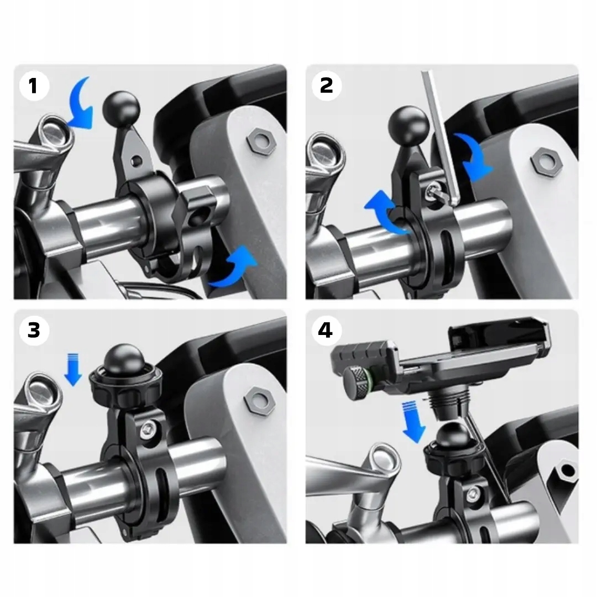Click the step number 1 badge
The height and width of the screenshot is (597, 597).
[x=34, y=85]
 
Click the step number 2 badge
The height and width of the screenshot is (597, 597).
[x=326, y=85]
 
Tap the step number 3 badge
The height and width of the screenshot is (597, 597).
[x=34, y=330]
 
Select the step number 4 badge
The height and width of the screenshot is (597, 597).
[x=326, y=330]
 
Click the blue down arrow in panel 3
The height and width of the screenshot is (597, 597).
[x=73, y=369]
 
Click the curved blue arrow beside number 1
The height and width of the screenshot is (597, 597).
[x=82, y=104]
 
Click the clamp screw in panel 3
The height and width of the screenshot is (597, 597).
[x=148, y=430]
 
